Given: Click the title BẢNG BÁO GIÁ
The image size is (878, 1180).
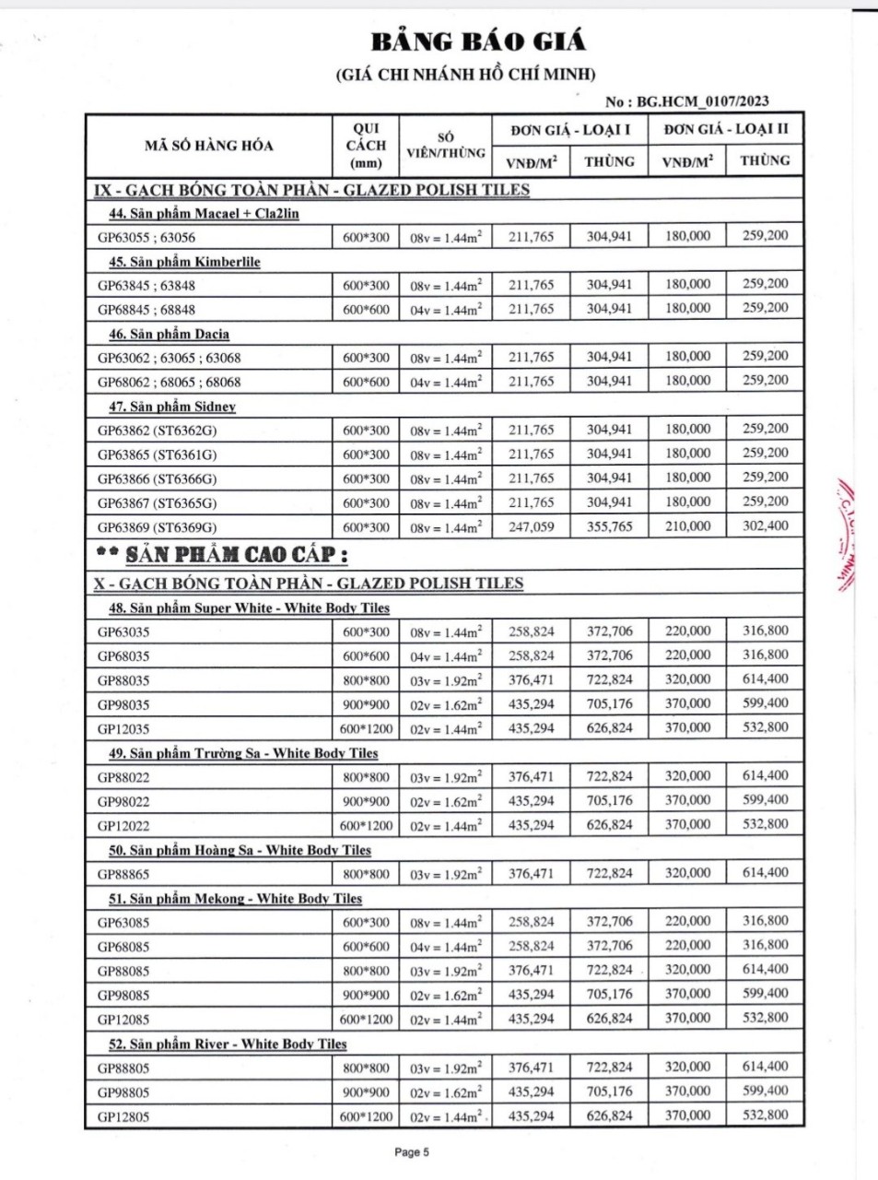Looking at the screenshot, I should pyautogui.click(x=477, y=41).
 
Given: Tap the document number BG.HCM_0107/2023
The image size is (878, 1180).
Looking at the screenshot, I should pyautogui.click(x=702, y=101).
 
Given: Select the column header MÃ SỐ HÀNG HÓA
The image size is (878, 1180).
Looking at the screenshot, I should pyautogui.click(x=208, y=145).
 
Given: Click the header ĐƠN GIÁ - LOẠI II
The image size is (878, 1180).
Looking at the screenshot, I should pyautogui.click(x=725, y=129).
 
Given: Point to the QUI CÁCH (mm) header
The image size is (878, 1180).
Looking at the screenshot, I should pyautogui.click(x=366, y=145).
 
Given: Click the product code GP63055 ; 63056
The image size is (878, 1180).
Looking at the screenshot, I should pyautogui.click(x=146, y=237).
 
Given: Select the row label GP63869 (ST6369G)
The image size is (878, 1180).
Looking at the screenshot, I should pyautogui.click(x=158, y=527).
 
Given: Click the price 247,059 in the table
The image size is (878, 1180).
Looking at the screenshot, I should pyautogui.click(x=531, y=526).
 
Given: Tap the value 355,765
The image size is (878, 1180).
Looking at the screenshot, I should pyautogui.click(x=609, y=526).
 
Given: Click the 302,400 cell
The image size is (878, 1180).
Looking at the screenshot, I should pyautogui.click(x=765, y=525).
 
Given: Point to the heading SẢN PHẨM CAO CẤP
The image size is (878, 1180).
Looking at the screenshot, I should pyautogui.click(x=236, y=555).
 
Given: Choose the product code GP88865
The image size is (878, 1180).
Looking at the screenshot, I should pyautogui.click(x=123, y=874).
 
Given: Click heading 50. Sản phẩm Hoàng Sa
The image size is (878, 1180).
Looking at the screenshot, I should pyautogui.click(x=240, y=850).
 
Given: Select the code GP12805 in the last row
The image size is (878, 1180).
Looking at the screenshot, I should pyautogui.click(x=123, y=1116).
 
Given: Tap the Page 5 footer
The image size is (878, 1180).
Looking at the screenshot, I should pyautogui.click(x=412, y=1151).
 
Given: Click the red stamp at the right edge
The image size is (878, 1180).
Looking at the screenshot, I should pyautogui.click(x=847, y=535).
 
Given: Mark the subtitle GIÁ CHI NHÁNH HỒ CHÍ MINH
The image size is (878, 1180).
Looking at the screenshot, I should pyautogui.click(x=465, y=75).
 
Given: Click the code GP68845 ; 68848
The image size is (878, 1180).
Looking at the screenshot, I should pyautogui.click(x=146, y=310).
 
